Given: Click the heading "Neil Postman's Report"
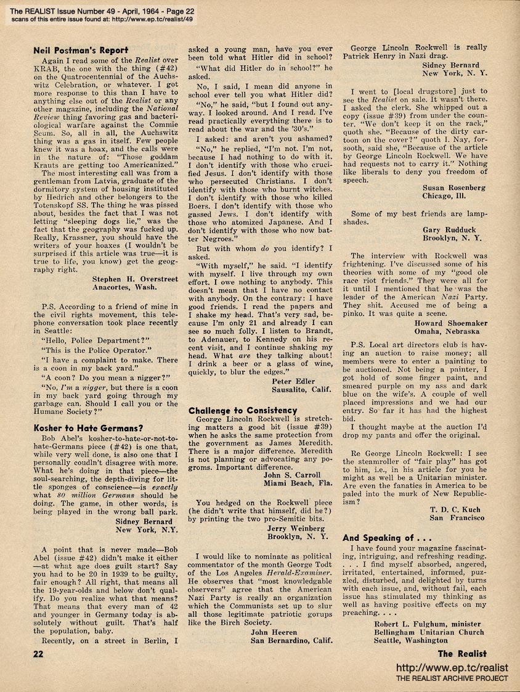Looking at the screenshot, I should tap(80, 50).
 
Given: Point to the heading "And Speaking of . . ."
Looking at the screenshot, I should tap(386, 537).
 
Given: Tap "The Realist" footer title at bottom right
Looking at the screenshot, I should tap(461, 654).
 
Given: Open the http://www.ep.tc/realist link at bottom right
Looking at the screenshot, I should tap(451, 667).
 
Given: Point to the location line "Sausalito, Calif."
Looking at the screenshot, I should tap(301, 389).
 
